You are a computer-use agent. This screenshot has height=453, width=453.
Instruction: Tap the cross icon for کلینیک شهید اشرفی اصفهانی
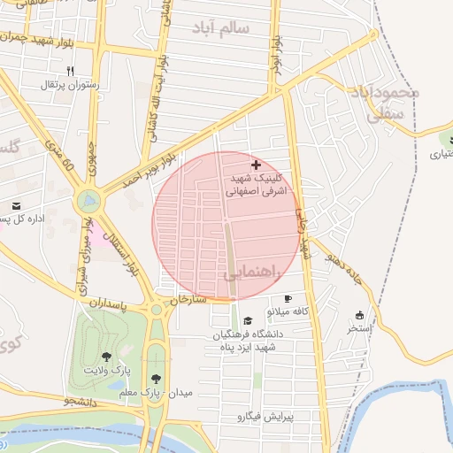(x=257, y=165)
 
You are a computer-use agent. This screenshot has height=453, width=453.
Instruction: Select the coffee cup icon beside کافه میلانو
(x=288, y=299)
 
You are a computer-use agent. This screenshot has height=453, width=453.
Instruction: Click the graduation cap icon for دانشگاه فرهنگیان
(x=248, y=320)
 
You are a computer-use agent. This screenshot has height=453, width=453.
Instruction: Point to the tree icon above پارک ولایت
(x=106, y=355)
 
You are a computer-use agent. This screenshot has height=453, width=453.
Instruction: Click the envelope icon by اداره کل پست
(x=17, y=205)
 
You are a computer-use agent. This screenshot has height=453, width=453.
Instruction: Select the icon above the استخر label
(x=359, y=315)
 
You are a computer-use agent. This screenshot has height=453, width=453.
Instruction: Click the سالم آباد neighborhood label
(x=225, y=28)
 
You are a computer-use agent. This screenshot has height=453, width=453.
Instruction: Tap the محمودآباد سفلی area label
(x=383, y=101)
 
